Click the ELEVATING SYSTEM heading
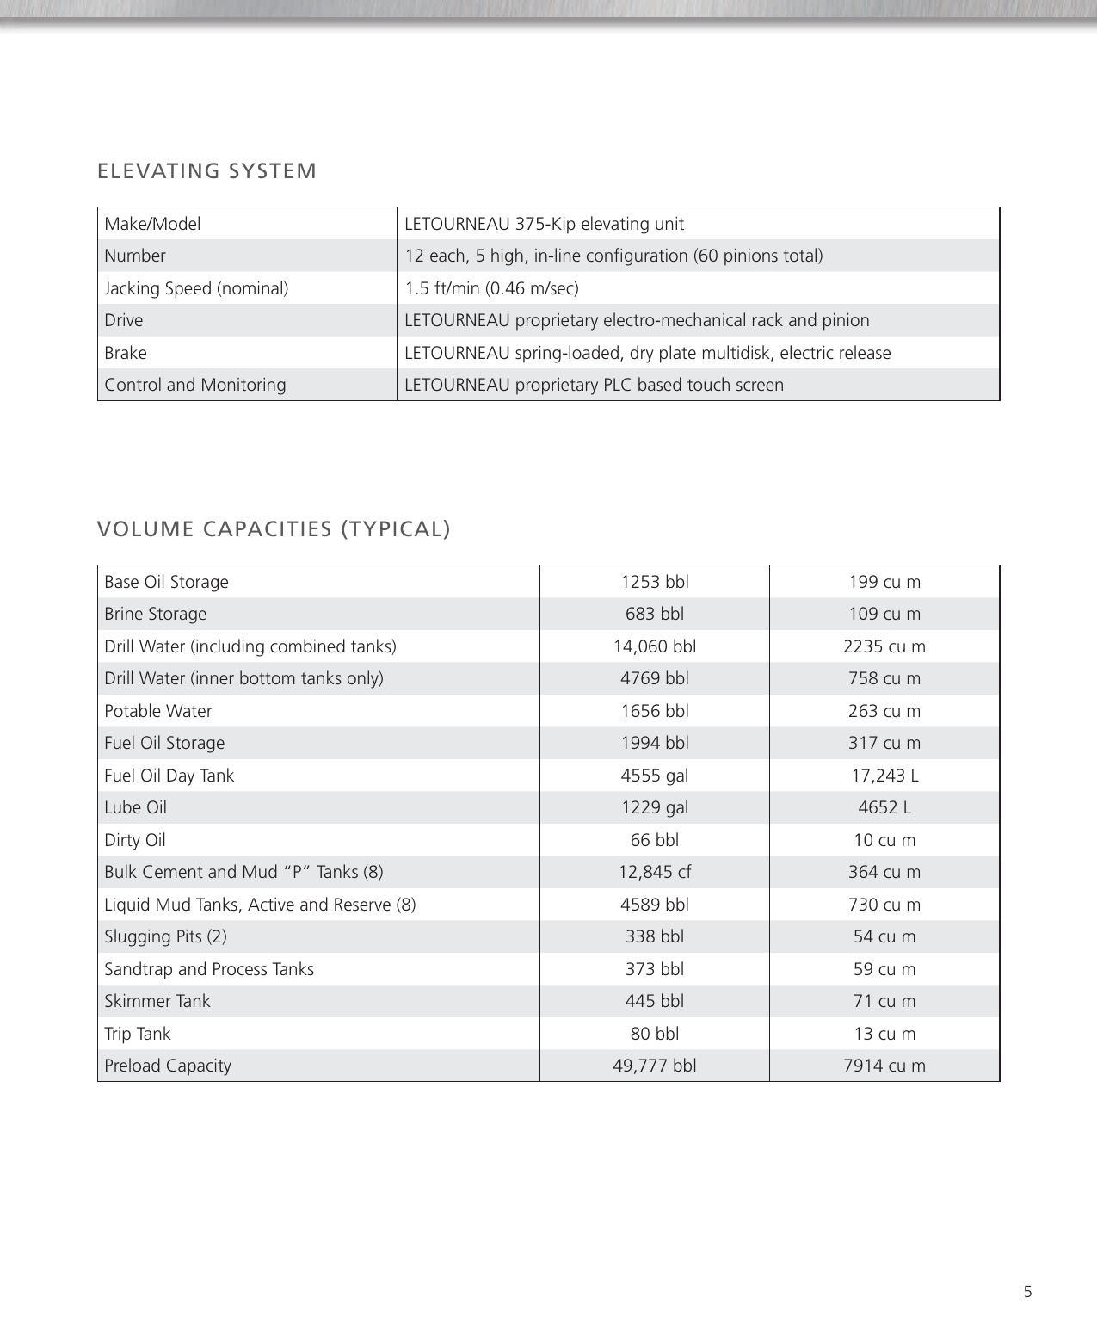point(206,171)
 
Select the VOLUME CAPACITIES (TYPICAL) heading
point(274,528)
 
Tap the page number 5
point(1027,1291)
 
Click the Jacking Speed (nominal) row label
point(196,288)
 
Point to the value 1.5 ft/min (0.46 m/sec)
point(491,288)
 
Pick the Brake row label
point(126,353)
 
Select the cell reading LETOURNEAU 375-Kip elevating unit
point(544,224)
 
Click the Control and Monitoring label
point(195,385)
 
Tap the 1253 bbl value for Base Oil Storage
point(655,582)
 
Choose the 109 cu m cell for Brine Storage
point(884,614)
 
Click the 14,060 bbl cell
point(655,646)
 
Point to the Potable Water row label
point(158,711)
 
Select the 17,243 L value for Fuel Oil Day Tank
point(884,776)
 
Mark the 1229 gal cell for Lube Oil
point(655,807)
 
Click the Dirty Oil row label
point(135,840)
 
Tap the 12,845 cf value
point(655,872)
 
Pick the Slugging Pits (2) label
point(165,936)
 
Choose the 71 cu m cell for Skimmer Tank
point(884,1001)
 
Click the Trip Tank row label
point(138,1034)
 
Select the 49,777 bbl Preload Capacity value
point(655,1066)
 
